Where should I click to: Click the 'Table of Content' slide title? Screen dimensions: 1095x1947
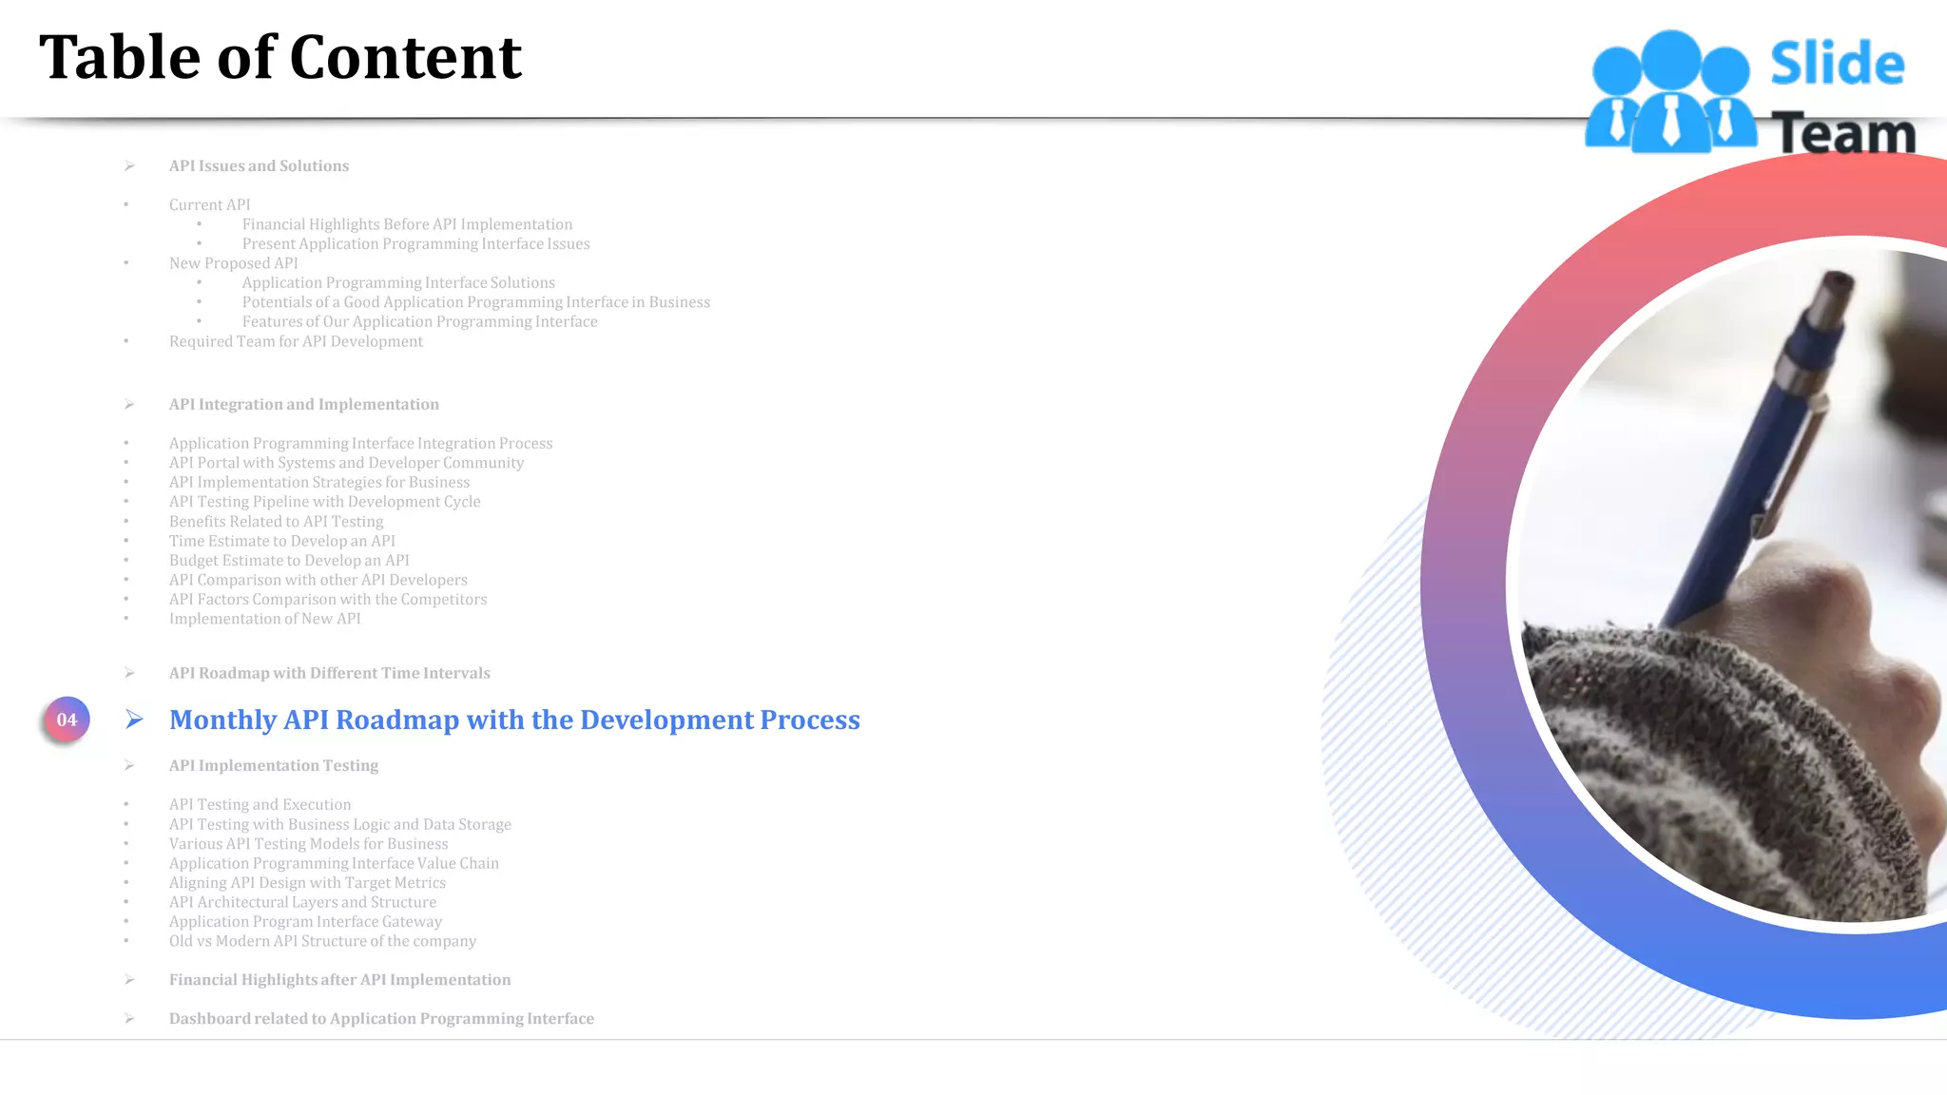(x=280, y=57)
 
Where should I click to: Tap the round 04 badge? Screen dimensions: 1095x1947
(x=67, y=720)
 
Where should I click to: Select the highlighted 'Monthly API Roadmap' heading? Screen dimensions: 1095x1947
(x=514, y=720)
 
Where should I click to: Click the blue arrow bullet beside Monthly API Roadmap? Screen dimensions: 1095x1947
(x=134, y=720)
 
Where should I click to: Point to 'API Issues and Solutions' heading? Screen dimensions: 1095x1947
(x=259, y=166)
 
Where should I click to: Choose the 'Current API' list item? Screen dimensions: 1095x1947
(x=209, y=205)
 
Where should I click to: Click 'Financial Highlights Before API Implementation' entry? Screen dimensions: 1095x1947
(x=407, y=224)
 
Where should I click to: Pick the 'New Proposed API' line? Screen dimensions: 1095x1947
(x=233, y=263)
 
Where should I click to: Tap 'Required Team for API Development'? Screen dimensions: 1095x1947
(x=296, y=341)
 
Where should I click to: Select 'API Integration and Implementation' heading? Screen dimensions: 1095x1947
(x=303, y=405)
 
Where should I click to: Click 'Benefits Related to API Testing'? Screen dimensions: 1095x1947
(x=276, y=522)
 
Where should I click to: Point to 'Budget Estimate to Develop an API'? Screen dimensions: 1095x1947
(x=289, y=561)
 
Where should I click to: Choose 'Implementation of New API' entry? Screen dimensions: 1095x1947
(x=264, y=619)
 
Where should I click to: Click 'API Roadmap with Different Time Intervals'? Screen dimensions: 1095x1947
(x=329, y=673)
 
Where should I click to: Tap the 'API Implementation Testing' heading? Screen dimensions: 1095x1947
(x=273, y=765)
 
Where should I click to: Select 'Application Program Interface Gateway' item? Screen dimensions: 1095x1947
(x=305, y=922)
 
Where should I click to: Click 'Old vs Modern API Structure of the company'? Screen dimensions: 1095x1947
(x=322, y=941)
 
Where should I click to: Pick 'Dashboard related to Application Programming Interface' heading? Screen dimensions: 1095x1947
(x=381, y=1019)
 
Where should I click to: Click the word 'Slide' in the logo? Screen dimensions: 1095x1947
(x=1837, y=65)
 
